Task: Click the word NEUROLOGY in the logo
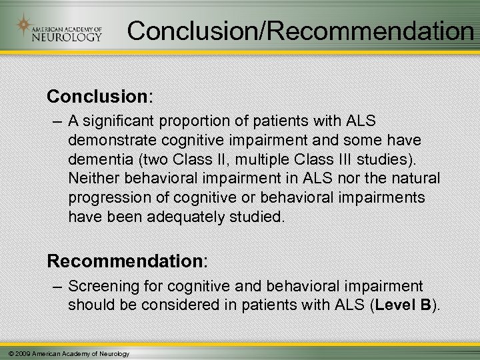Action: coord(67,37)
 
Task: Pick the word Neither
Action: coord(91,179)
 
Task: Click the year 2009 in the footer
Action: coord(19,353)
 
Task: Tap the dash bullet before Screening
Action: coord(56,286)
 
